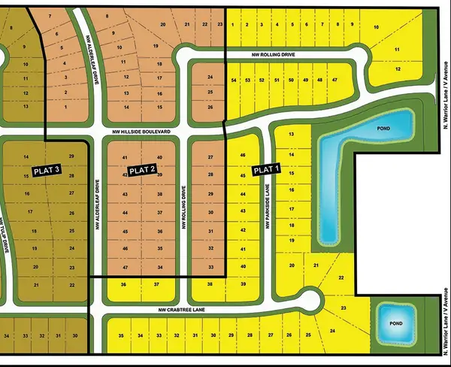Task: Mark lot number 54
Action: coord(234,80)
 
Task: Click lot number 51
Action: coord(277,80)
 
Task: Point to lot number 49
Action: coord(306,80)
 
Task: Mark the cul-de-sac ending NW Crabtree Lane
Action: coord(309,300)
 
